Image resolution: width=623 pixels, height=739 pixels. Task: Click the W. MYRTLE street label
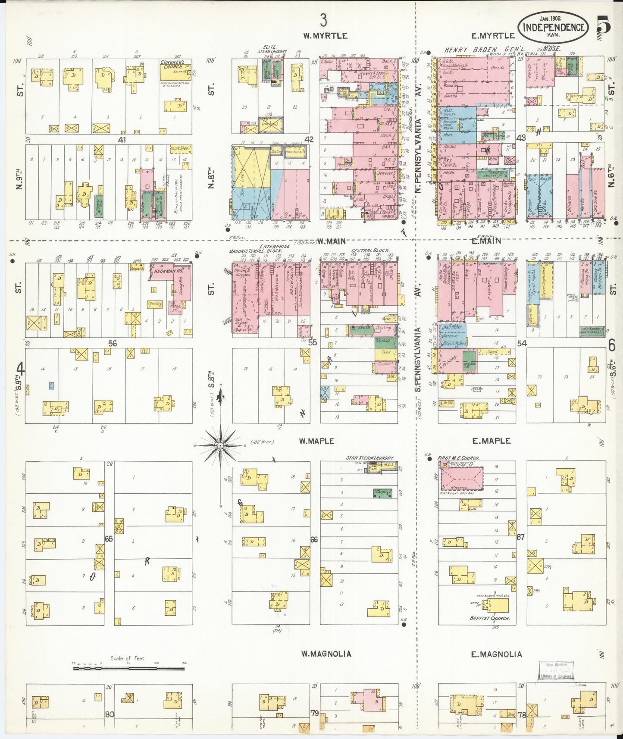coord(325,36)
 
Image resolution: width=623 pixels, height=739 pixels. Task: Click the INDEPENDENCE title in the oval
coord(554,28)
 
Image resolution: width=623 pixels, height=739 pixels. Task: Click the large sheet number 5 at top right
coord(604,27)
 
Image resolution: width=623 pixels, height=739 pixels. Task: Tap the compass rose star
coord(220,445)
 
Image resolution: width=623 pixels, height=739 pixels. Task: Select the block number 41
coord(119,140)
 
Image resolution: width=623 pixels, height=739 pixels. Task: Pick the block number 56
coord(113,343)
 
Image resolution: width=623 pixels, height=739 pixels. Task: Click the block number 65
coord(109,539)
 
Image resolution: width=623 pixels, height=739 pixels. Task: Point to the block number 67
coord(521,537)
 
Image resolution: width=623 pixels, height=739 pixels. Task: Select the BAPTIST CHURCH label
coord(490,618)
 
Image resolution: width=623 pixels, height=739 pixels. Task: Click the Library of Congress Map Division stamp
coord(556,670)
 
